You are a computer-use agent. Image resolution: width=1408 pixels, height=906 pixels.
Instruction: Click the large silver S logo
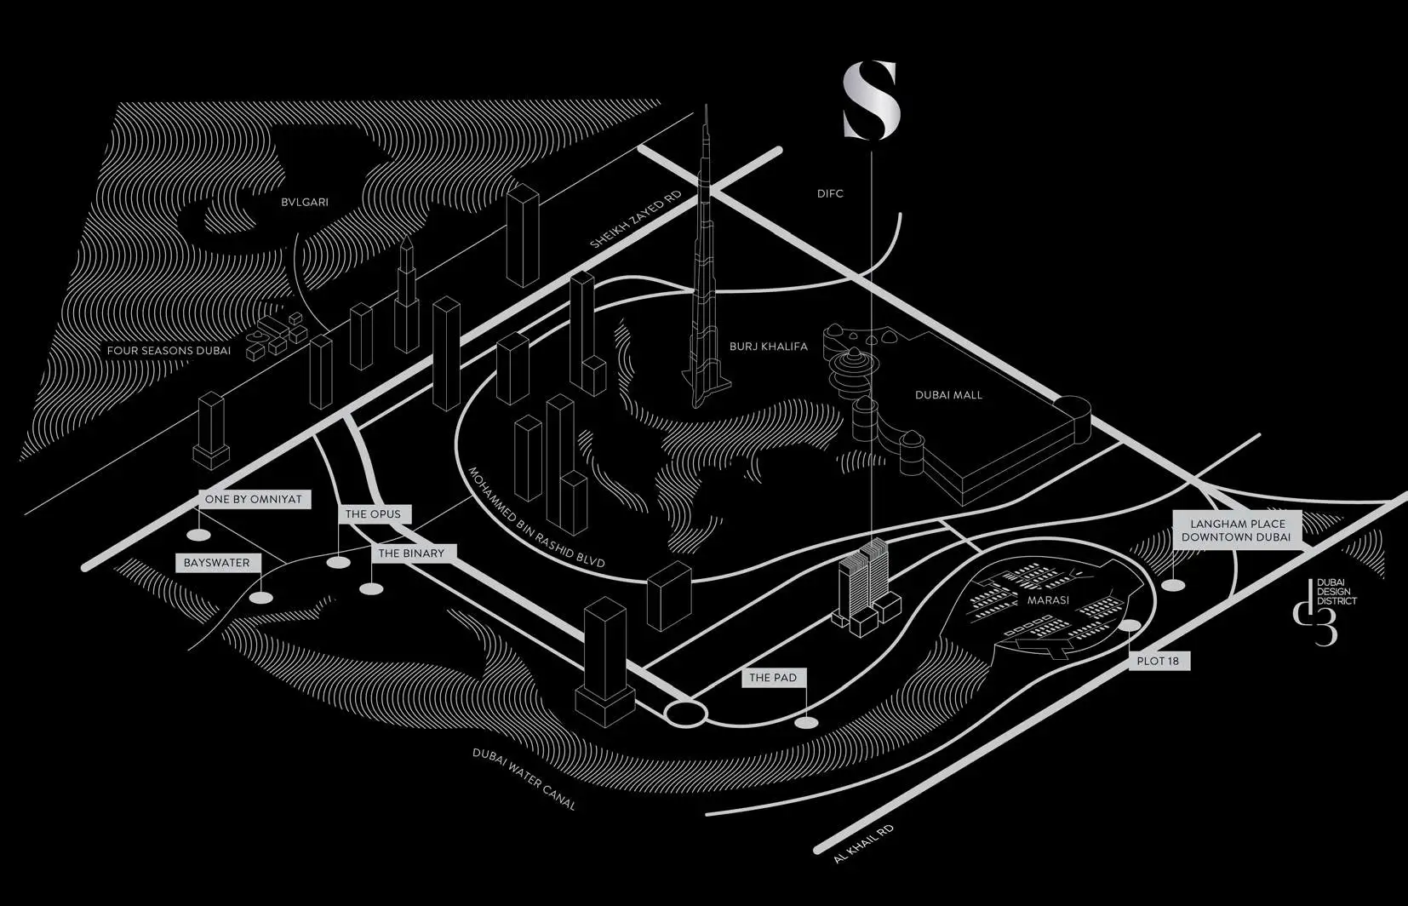coord(871,100)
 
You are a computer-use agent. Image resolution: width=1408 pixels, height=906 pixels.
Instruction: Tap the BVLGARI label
coord(305,203)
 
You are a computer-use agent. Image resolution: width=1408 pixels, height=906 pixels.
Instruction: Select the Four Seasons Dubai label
coord(169,351)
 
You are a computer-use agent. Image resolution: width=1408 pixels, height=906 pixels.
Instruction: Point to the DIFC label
coord(830,194)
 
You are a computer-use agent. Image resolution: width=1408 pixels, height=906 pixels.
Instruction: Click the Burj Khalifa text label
coord(768,347)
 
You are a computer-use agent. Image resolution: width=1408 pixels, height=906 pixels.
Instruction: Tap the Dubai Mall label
coord(948,395)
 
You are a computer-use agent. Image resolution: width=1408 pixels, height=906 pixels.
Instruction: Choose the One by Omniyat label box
coord(254,500)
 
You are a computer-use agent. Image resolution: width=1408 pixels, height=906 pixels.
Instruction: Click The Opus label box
coord(373,514)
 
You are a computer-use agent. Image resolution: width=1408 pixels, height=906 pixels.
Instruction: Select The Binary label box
coord(412,553)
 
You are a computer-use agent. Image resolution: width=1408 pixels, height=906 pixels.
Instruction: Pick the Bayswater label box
coord(217,563)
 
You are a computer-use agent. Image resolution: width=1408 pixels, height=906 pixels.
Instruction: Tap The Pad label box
coord(773,678)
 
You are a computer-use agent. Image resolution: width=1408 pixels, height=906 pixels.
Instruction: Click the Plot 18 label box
coord(1158,661)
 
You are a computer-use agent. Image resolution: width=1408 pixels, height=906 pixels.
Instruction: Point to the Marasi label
coord(1048,600)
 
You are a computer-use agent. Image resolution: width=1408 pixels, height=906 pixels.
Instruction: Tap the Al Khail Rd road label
coord(864,844)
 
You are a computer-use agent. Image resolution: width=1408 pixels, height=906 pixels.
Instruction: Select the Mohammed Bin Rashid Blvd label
coord(536,518)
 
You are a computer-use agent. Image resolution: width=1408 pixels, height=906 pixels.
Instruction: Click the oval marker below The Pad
coord(805,723)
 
